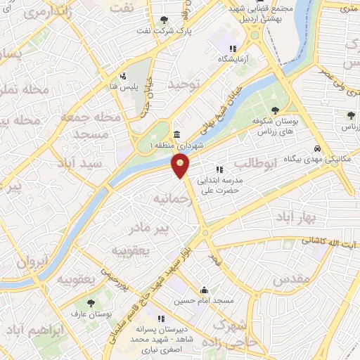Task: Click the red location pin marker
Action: tap(181, 165)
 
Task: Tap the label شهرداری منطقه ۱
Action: tap(176, 146)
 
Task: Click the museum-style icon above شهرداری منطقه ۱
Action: tap(176, 134)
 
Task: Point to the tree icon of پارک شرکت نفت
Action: tap(164, 20)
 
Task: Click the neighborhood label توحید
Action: tap(184, 85)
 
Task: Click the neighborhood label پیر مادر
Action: tap(151, 229)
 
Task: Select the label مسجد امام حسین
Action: tap(204, 300)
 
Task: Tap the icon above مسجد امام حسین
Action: tap(204, 290)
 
